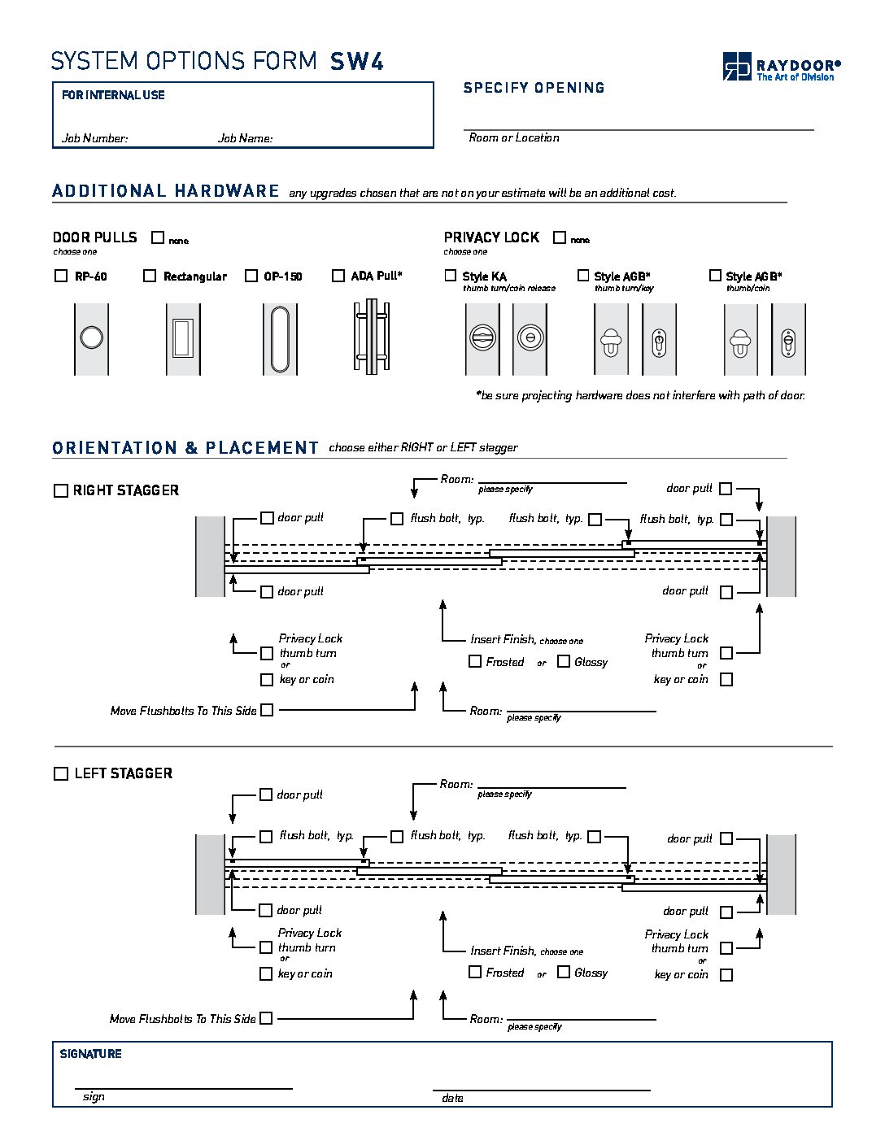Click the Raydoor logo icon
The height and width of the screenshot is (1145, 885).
[x=737, y=66]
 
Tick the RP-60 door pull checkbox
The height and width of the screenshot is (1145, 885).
[x=61, y=276]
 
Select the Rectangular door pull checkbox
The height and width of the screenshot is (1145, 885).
[x=150, y=276]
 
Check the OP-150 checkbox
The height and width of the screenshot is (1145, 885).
[x=251, y=276]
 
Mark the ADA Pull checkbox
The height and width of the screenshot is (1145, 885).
[x=338, y=276]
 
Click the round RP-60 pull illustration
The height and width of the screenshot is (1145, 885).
[x=91, y=337]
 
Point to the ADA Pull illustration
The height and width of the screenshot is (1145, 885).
[x=371, y=337]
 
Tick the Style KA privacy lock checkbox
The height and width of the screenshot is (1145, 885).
[x=451, y=276]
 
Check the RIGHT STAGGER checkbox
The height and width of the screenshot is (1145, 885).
[x=61, y=490]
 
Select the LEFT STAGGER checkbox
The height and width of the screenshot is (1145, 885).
[x=61, y=773]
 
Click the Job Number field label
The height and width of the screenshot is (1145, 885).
[x=94, y=138]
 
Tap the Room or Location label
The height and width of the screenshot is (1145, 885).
[x=514, y=137]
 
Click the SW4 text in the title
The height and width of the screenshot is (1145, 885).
[x=357, y=62]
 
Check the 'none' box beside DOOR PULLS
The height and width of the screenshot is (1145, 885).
[x=158, y=237]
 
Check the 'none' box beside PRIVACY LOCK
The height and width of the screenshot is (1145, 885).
[x=560, y=237]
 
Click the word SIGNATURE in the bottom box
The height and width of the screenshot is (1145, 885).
[x=91, y=1054]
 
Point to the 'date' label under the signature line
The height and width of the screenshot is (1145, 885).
[x=452, y=1098]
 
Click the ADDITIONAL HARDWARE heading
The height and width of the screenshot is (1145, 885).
[x=166, y=191]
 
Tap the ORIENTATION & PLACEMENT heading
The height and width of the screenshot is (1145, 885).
[x=185, y=448]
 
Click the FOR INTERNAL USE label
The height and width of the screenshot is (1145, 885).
[x=113, y=95]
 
